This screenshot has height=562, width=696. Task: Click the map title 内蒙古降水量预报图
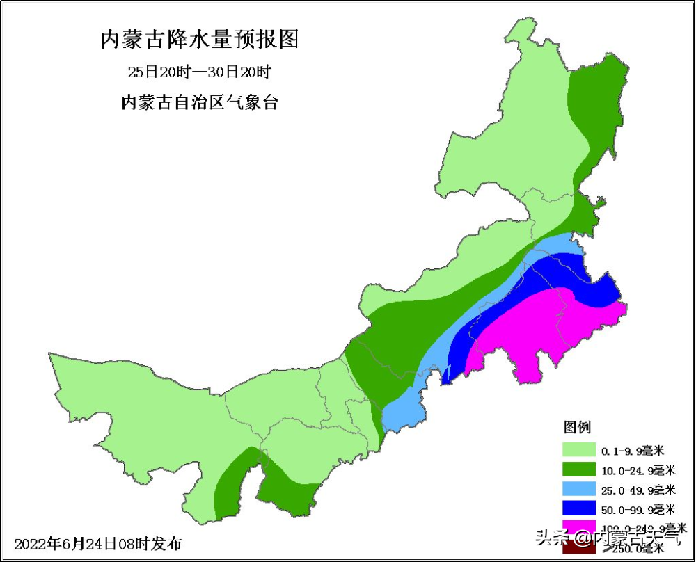(x=200, y=40)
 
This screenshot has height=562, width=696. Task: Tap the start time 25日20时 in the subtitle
(x=155, y=72)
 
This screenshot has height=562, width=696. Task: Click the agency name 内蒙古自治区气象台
(x=200, y=103)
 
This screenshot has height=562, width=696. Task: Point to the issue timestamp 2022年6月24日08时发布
(x=97, y=543)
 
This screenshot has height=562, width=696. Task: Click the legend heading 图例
(x=577, y=426)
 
